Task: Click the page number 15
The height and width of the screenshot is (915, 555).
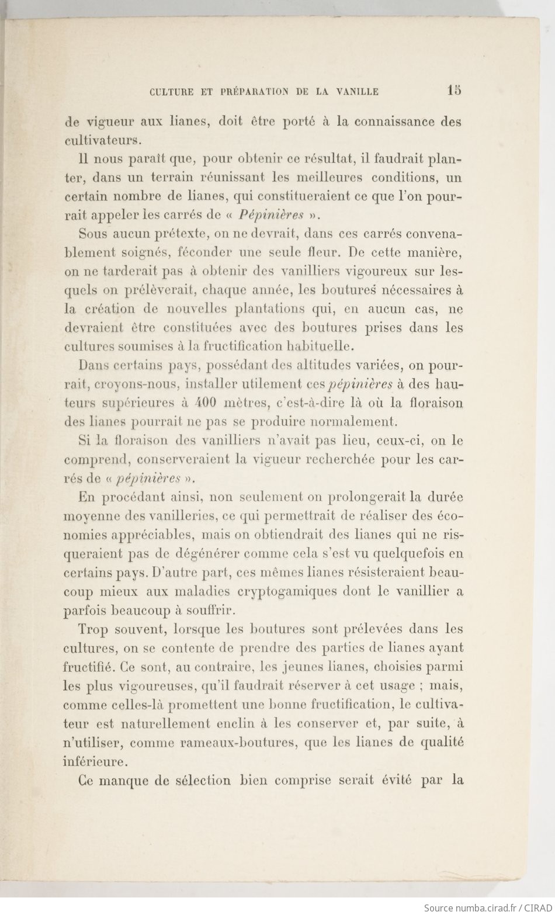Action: [x=454, y=90]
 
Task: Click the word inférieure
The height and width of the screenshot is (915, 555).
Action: [x=95, y=762]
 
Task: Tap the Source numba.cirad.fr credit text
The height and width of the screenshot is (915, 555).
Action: [x=487, y=907]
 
